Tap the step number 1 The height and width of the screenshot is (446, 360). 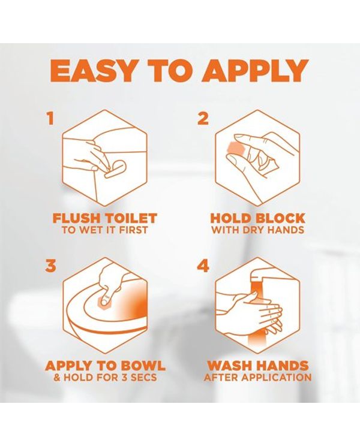(x=50, y=119)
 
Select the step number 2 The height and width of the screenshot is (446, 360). (x=203, y=119)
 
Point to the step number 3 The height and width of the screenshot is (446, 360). (x=50, y=266)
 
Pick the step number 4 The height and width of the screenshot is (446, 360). (x=203, y=266)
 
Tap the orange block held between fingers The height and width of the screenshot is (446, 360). (x=235, y=149)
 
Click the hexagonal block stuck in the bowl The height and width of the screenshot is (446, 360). (x=103, y=302)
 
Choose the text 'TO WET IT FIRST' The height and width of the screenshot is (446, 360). (x=105, y=230)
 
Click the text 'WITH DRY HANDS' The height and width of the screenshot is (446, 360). (x=257, y=230)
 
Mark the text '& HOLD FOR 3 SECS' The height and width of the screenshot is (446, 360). (x=105, y=378)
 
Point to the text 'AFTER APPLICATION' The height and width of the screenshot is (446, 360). (x=257, y=378)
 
